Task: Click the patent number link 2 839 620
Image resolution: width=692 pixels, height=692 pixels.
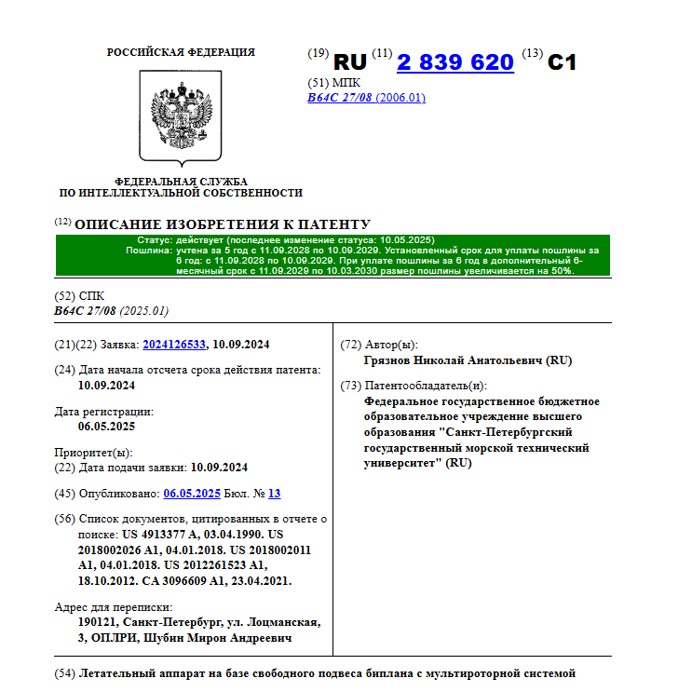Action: (x=455, y=62)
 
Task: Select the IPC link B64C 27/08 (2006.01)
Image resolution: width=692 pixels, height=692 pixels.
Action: (x=366, y=98)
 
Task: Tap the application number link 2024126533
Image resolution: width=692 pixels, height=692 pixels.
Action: (x=175, y=345)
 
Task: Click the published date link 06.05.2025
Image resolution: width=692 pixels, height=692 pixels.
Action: (x=191, y=494)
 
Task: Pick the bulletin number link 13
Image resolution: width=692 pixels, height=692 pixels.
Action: (x=274, y=494)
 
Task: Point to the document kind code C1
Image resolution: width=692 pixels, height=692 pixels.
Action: (x=562, y=62)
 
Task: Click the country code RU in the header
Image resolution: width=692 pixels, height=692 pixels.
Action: (x=350, y=62)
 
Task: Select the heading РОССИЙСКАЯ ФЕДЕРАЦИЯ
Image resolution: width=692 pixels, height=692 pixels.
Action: (x=181, y=52)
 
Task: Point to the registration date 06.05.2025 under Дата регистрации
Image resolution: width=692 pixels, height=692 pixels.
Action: (x=107, y=427)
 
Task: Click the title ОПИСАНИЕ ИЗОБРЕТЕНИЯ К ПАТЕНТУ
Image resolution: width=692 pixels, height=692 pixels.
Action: (x=222, y=224)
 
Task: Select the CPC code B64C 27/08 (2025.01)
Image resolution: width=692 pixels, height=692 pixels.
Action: (x=112, y=311)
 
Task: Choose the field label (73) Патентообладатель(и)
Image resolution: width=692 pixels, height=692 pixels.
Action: (x=414, y=386)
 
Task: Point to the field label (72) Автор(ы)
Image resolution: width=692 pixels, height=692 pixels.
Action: (x=379, y=345)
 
